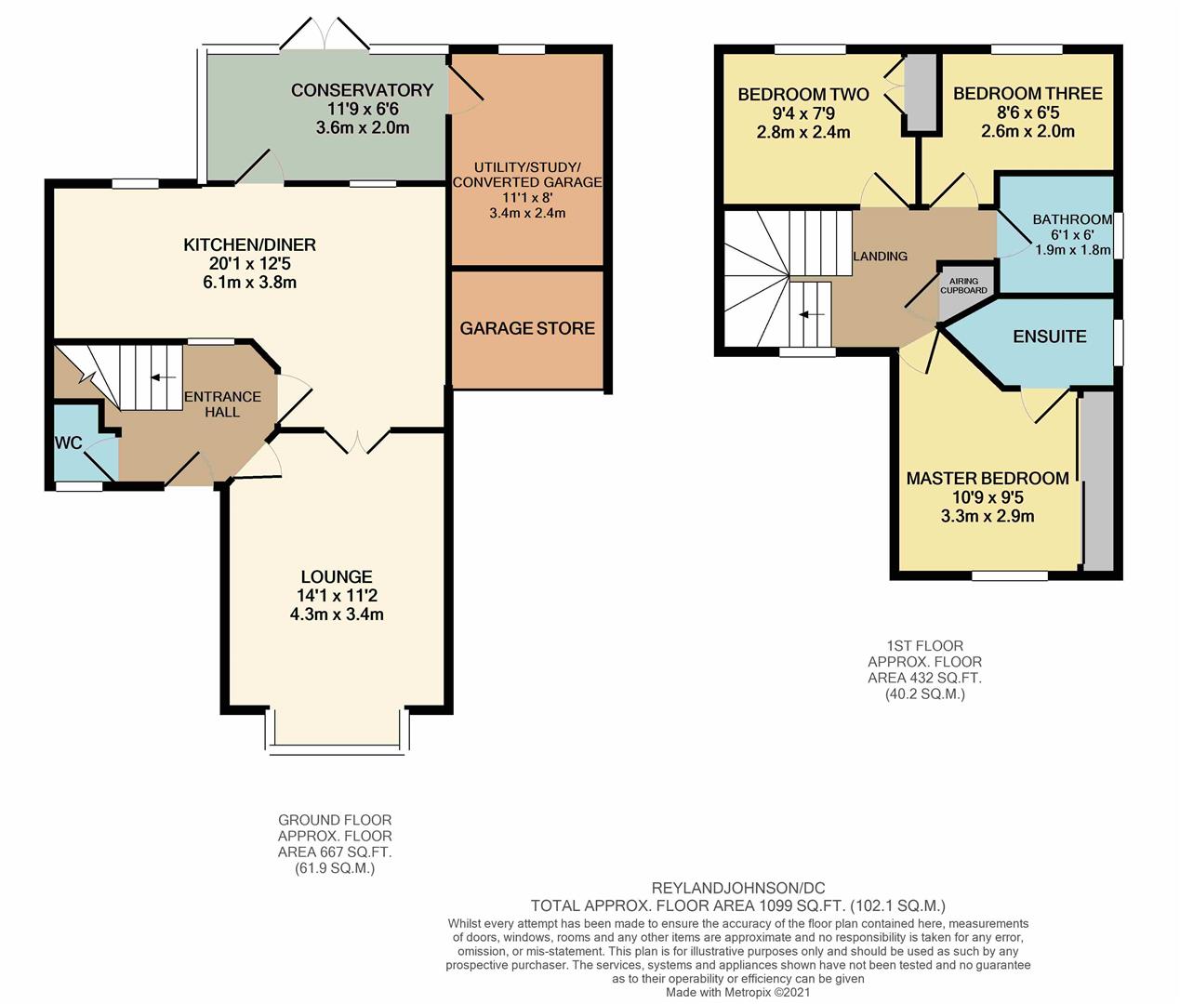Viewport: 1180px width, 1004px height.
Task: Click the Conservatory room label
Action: click(x=362, y=90)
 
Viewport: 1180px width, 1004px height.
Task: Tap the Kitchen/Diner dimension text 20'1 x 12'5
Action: click(x=249, y=263)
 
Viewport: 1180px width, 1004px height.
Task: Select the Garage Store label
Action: click(x=527, y=328)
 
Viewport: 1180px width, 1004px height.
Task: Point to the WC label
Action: click(x=69, y=443)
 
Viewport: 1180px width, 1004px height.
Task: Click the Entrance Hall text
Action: click(x=222, y=404)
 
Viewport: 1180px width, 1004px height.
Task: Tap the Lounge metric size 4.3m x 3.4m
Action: click(x=337, y=614)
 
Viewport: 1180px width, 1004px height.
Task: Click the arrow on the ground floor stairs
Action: click(x=163, y=377)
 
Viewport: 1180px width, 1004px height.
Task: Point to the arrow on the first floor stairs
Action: click(x=812, y=314)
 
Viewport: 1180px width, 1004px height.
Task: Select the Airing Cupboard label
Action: click(x=963, y=285)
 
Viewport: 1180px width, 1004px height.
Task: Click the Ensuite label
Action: click(x=1049, y=337)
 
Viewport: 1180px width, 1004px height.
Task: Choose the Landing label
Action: click(x=880, y=257)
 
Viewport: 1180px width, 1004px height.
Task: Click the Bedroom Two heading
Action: click(x=803, y=94)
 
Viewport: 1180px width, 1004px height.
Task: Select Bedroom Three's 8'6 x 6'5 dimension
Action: click(x=1028, y=112)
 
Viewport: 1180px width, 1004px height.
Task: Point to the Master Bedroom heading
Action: click(x=988, y=479)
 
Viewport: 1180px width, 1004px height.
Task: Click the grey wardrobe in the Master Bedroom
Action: click(x=1098, y=481)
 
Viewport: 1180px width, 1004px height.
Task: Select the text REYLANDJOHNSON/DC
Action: click(x=738, y=888)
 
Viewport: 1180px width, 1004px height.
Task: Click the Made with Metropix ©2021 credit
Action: click(x=737, y=993)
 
